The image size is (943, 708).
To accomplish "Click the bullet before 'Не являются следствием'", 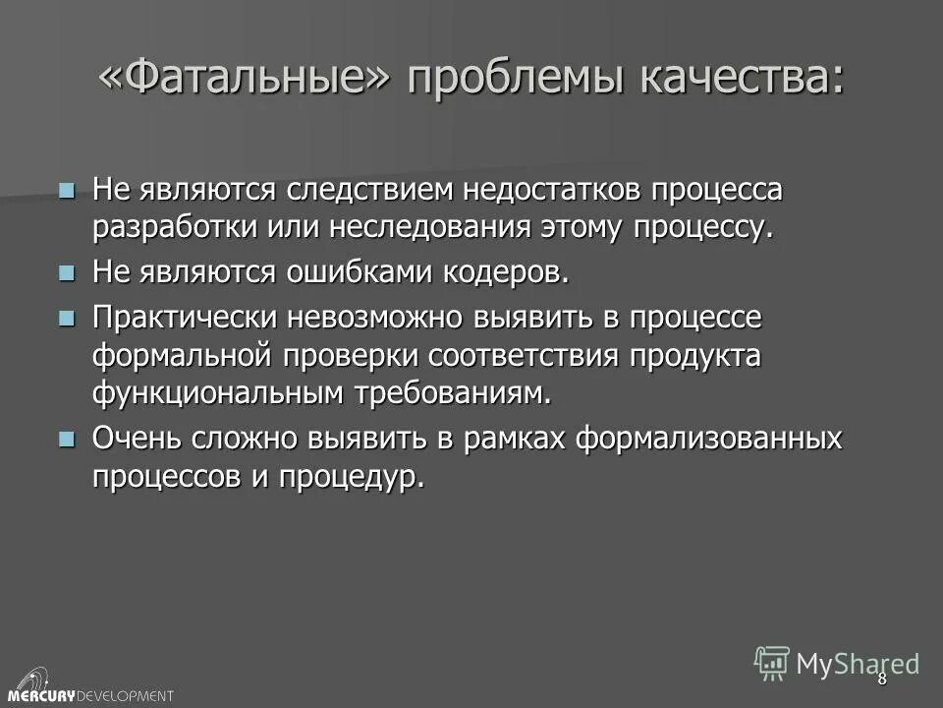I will (x=67, y=189).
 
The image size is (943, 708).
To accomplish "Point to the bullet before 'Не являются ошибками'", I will (x=67, y=271).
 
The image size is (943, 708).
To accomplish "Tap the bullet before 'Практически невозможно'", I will (x=67, y=316).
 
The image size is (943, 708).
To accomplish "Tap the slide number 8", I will (x=881, y=678).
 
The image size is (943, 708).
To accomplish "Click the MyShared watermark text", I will (x=857, y=664).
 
